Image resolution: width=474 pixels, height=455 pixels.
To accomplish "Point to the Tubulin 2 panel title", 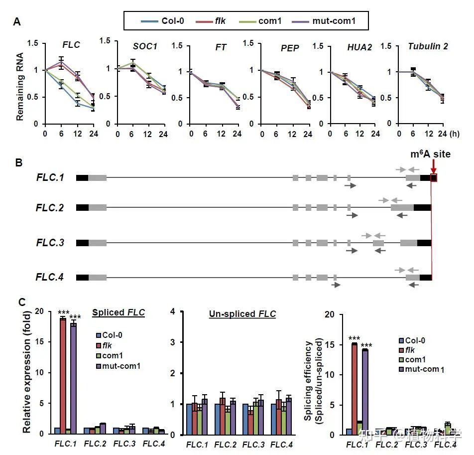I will click(428, 46).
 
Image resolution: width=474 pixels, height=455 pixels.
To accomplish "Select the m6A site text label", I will click(430, 154).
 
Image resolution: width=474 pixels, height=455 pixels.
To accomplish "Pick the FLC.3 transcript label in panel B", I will click(50, 243).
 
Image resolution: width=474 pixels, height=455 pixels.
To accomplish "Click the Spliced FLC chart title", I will click(118, 313).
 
